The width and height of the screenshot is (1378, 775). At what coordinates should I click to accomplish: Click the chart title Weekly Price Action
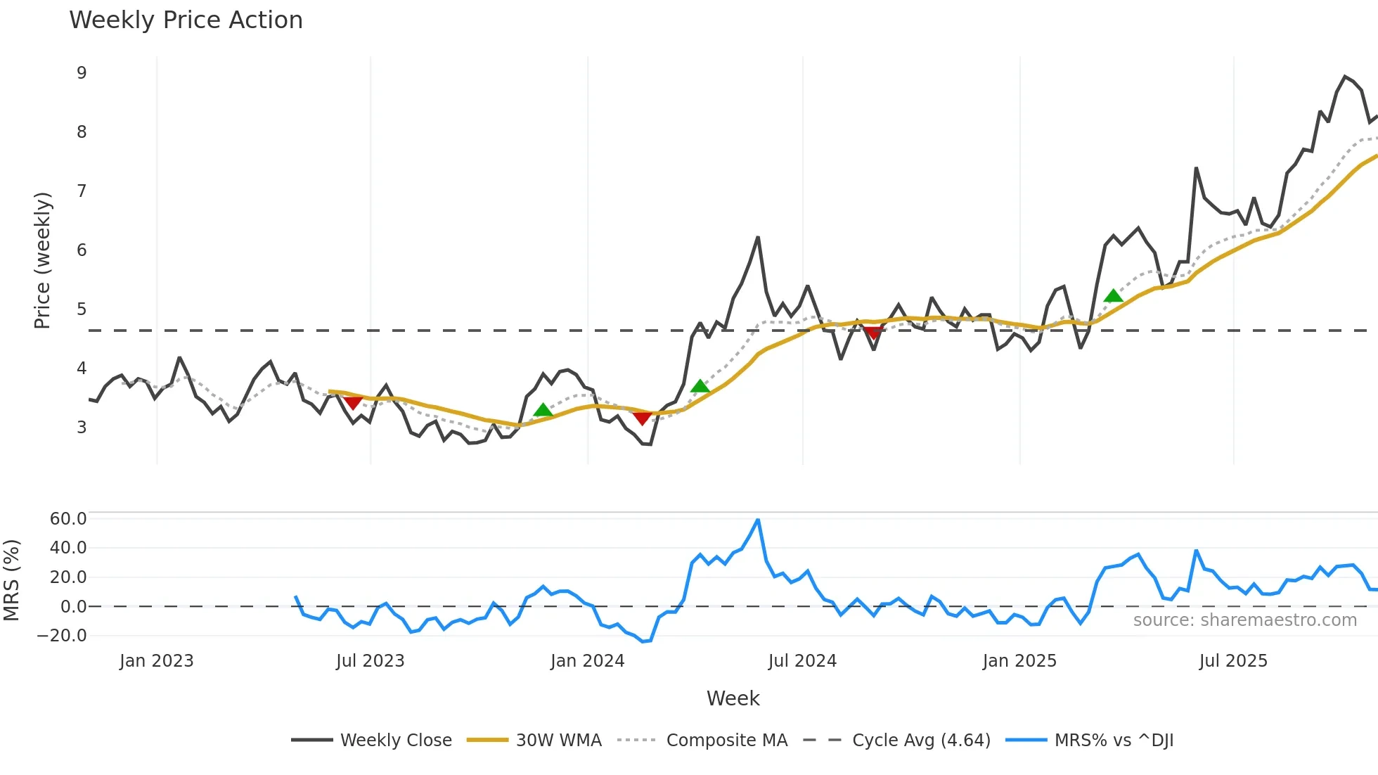tap(186, 20)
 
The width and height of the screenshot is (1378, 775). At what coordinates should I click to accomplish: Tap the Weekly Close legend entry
tap(395, 741)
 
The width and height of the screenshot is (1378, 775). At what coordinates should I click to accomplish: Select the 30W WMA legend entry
tap(558, 741)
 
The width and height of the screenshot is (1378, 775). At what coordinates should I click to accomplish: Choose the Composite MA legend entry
tap(726, 741)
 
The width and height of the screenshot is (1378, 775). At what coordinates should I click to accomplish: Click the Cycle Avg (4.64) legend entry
tap(921, 741)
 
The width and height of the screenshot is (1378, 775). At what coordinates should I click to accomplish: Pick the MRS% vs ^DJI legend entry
tap(1114, 741)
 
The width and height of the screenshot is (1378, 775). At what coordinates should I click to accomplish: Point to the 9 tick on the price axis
tap(82, 73)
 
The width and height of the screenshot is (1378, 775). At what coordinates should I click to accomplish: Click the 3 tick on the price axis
tap(82, 428)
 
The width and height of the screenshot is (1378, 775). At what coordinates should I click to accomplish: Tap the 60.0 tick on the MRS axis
tap(68, 519)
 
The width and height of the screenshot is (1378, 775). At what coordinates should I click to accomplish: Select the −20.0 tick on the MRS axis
tap(63, 636)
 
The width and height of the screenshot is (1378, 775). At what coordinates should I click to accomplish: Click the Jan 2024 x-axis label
tap(587, 661)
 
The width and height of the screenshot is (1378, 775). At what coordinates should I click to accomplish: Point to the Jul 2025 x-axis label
tap(1233, 661)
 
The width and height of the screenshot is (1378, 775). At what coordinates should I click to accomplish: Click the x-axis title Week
tap(733, 698)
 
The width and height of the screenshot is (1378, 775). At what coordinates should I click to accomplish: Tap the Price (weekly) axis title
tap(42, 260)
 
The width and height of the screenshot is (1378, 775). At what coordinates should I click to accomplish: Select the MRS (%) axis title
tap(11, 580)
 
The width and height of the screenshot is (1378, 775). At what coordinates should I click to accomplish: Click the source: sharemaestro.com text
tap(1244, 620)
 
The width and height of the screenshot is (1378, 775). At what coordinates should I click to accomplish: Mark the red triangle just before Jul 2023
tap(353, 402)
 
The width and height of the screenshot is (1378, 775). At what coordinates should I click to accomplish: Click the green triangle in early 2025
tap(1113, 296)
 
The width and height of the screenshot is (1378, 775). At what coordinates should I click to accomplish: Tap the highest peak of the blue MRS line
tap(757, 520)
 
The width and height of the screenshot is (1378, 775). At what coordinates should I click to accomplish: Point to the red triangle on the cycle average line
tap(873, 333)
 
